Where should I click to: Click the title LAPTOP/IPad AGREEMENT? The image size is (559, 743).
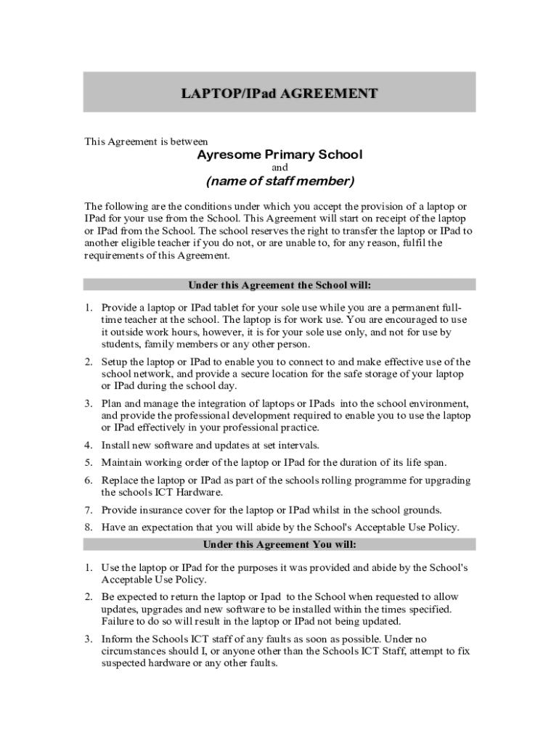[x=279, y=94]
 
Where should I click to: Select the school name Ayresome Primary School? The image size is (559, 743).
[x=279, y=155]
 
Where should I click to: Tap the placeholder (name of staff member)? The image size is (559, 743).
[x=279, y=181]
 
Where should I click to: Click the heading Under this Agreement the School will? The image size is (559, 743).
[x=279, y=284]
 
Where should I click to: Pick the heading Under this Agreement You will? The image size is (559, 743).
[x=279, y=544]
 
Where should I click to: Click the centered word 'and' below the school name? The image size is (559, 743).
[x=279, y=168]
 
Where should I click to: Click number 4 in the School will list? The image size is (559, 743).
[x=88, y=445]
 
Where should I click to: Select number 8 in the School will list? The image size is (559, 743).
[x=88, y=528]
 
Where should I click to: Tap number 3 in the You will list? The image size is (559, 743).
[x=88, y=639]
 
